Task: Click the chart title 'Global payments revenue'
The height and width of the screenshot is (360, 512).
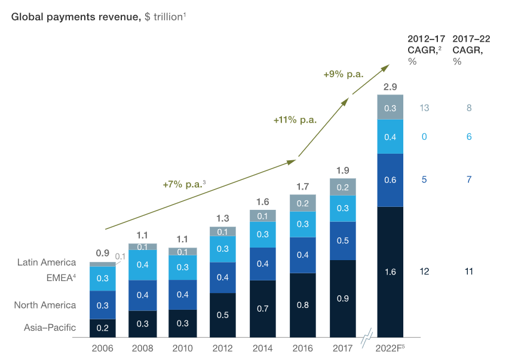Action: click(75, 17)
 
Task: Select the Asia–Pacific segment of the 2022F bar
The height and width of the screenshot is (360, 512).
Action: click(391, 272)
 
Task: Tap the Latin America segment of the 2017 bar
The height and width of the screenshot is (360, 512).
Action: click(343, 187)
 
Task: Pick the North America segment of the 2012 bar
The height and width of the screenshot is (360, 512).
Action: click(222, 277)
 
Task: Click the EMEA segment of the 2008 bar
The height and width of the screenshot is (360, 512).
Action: click(143, 265)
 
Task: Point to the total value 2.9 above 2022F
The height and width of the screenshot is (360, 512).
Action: click(391, 87)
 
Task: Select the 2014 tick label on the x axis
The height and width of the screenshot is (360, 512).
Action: click(262, 347)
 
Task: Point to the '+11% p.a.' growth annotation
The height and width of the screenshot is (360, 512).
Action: click(295, 120)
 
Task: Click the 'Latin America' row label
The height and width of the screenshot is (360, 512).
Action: click(47, 262)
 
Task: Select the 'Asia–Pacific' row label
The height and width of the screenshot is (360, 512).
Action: click(50, 327)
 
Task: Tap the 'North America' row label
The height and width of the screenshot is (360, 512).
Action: click(45, 305)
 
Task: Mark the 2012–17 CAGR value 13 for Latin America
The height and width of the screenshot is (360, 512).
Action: click(424, 108)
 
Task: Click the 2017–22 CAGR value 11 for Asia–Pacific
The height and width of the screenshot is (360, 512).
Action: click(469, 271)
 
